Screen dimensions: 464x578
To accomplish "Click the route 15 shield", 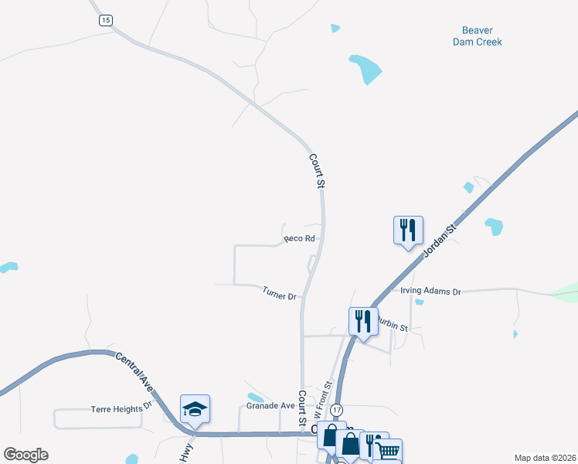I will click(106, 20).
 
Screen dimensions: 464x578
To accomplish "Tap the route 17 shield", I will click(336, 409).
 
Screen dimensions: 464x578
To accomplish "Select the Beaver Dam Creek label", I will click(477, 36).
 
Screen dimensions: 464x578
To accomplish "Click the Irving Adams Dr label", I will click(430, 292).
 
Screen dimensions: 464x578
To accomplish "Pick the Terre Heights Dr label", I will click(122, 409).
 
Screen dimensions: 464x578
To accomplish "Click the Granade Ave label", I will click(270, 405).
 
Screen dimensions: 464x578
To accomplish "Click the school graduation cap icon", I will click(195, 408).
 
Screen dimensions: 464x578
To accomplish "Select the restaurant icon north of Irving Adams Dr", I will click(408, 230).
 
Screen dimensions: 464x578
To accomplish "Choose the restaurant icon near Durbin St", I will click(362, 320).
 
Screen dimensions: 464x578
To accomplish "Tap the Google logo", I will click(25, 455).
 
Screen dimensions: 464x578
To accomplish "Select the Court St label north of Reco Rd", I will click(317, 171).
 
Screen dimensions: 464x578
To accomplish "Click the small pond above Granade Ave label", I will click(255, 397).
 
